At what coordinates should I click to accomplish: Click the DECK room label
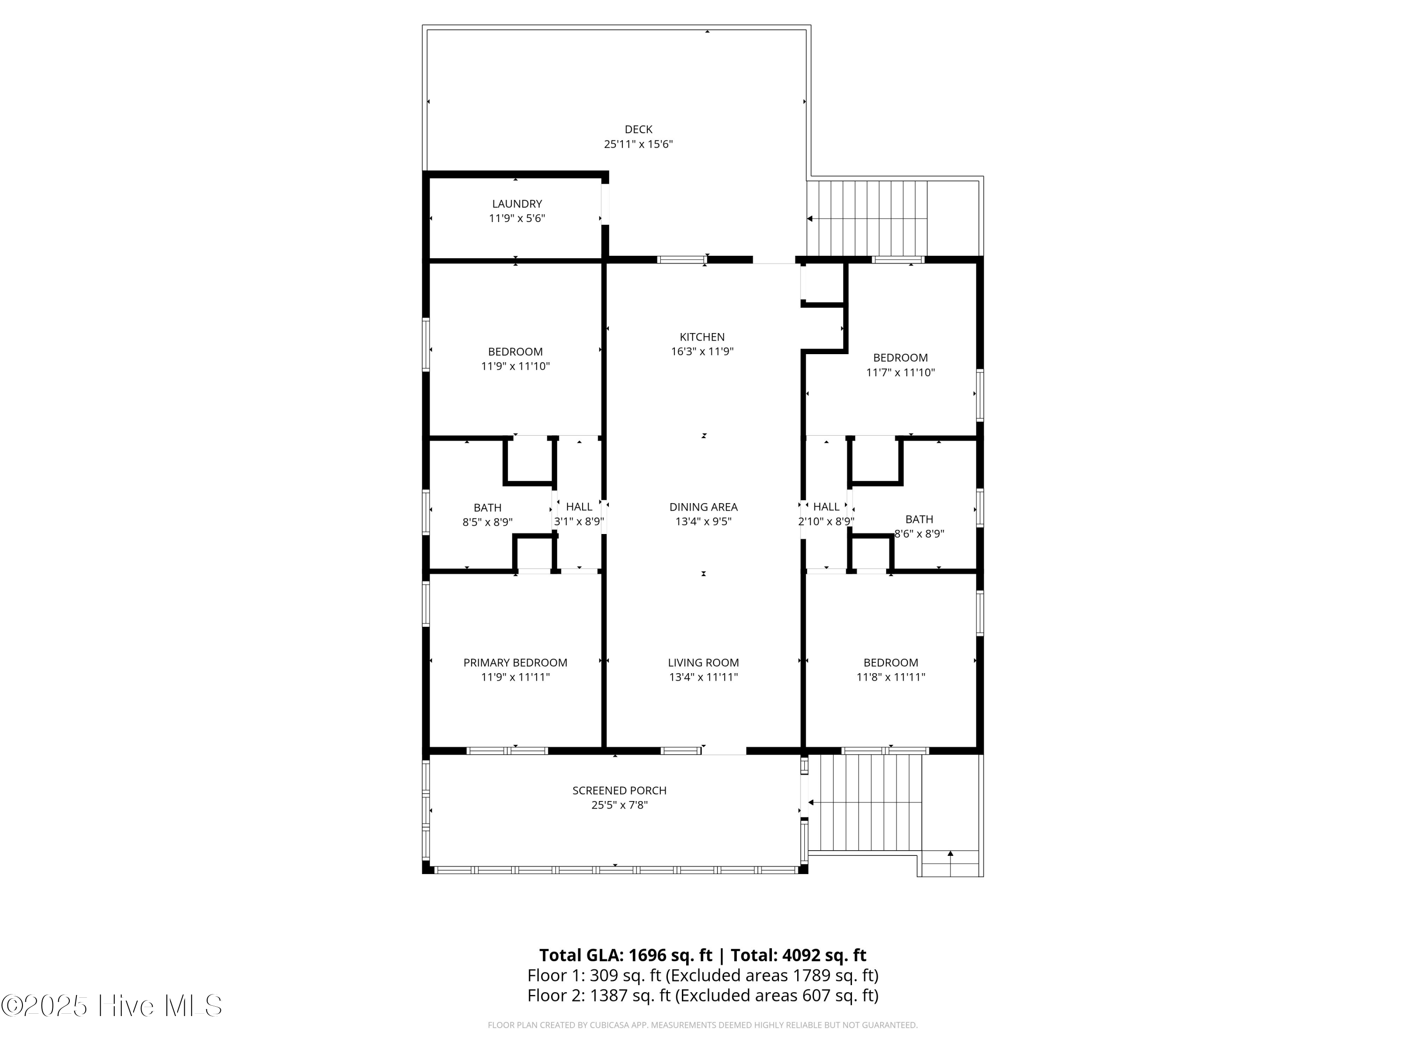[x=638, y=130]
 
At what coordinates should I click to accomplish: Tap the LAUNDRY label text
[x=517, y=204]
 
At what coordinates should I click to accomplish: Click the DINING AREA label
[x=703, y=507]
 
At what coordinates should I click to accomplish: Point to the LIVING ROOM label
[x=703, y=663]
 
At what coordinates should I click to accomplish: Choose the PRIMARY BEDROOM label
[x=515, y=663]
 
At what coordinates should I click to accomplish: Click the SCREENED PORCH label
[x=619, y=790]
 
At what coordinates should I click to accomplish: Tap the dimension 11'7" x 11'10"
[x=900, y=372]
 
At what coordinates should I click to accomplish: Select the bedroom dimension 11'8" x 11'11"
[x=890, y=677]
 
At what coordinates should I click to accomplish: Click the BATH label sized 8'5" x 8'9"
[x=487, y=508]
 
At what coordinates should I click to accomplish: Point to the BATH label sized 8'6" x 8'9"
[x=919, y=519]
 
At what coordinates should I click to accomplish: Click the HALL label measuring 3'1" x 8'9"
[x=578, y=506]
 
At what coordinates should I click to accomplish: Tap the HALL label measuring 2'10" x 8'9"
[x=826, y=506]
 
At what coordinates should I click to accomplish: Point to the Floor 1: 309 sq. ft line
[x=703, y=975]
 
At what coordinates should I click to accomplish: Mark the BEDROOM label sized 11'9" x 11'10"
[x=515, y=352]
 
